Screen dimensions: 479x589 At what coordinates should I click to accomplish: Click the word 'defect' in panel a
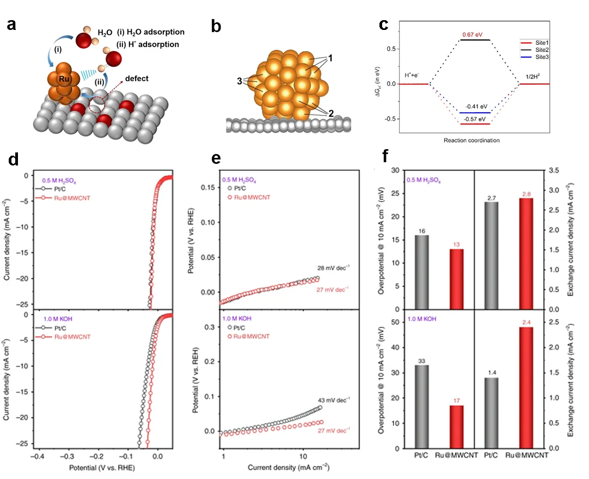136,79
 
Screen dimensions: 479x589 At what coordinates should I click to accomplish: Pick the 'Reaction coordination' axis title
471,140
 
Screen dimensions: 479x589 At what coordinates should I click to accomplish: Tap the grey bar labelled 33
422,406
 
